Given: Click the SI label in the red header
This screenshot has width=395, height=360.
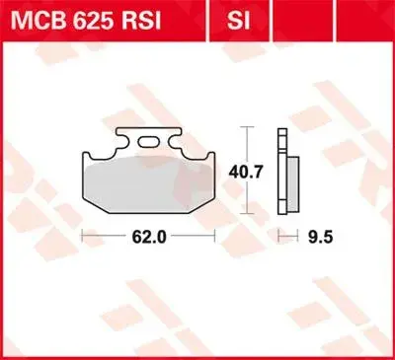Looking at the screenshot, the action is pyautogui.click(x=238, y=22).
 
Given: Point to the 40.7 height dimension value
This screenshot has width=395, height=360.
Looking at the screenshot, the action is pyautogui.click(x=246, y=172).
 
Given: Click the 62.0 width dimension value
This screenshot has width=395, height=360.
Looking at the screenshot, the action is pyautogui.click(x=149, y=237).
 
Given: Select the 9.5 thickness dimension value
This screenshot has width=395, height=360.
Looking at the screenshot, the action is pyautogui.click(x=320, y=237).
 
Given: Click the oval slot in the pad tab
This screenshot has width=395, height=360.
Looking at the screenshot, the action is pyautogui.click(x=148, y=142).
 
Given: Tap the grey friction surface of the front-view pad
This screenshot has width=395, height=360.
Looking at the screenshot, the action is pyautogui.click(x=149, y=184).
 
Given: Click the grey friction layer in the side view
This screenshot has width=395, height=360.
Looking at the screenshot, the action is pyautogui.click(x=293, y=183).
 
